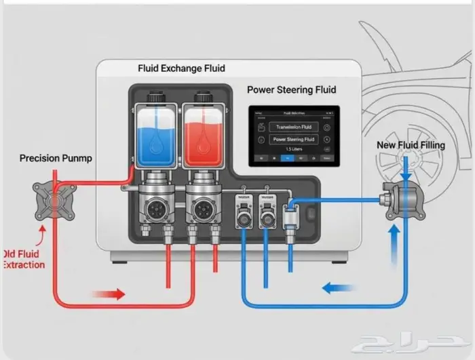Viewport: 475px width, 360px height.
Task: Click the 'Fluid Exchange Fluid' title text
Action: coord(181,68)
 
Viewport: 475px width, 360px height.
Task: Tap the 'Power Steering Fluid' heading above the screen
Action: coord(291,89)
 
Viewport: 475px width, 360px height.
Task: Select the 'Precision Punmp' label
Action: coord(55,159)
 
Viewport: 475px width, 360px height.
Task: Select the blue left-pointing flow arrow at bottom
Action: coord(339,287)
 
